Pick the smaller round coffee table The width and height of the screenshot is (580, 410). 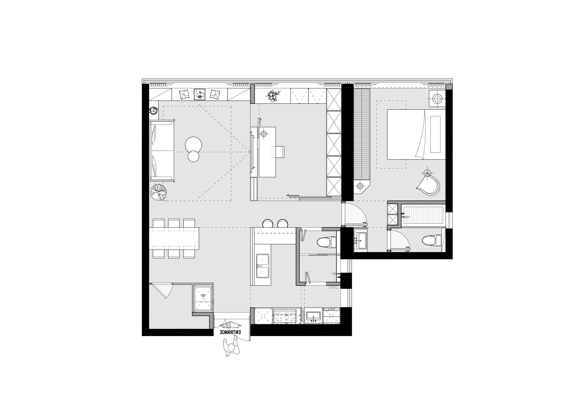click(193, 156)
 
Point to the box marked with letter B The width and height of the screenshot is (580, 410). click(203, 298)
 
